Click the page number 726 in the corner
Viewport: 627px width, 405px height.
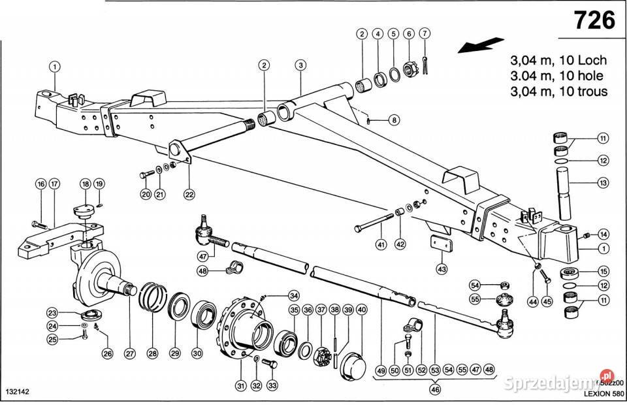coord(594,21)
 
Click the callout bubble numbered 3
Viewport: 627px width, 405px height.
coord(300,65)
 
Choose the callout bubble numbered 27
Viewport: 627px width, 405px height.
coord(129,353)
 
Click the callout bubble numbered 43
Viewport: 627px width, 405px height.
coord(442,268)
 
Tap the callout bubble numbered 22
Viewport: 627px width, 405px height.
coord(189,193)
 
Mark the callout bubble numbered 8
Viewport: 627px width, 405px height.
coord(394,120)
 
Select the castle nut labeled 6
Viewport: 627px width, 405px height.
coord(410,68)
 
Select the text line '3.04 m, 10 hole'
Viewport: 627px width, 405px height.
coord(558,75)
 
